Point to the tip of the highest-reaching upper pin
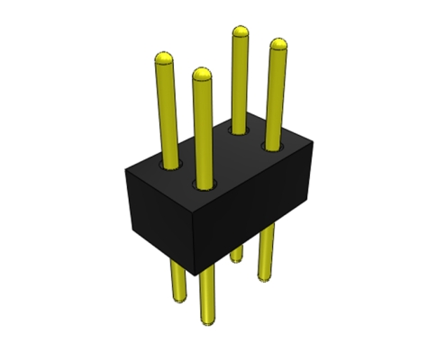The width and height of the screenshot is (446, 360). (241, 32)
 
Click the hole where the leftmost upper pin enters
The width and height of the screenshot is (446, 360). (168, 164)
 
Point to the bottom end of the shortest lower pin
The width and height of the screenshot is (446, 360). (237, 260)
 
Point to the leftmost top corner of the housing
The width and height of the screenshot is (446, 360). (124, 166)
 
